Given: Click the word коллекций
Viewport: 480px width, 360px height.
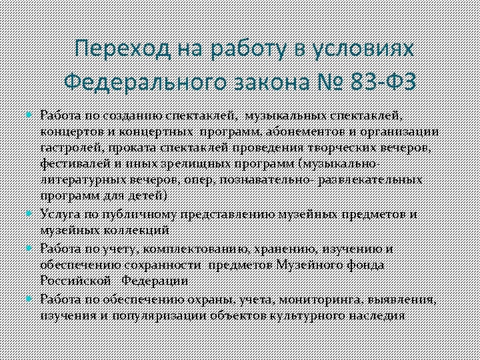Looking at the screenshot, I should (x=137, y=230).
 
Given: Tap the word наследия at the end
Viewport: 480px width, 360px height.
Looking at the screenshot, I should (x=376, y=315).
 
